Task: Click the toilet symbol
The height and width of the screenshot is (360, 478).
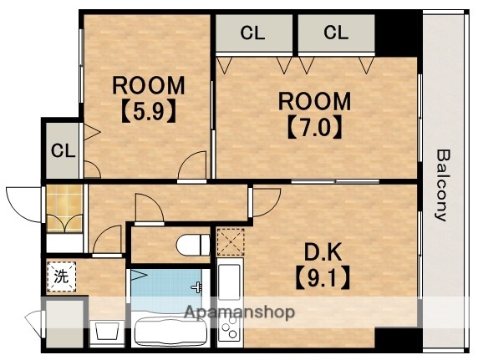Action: click(193, 245)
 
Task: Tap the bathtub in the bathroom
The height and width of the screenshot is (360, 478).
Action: click(170, 331)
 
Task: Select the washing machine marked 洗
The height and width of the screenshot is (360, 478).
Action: click(61, 276)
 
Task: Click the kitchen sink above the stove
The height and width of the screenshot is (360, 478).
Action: click(229, 282)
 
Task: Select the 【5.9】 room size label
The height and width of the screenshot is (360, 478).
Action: click(149, 111)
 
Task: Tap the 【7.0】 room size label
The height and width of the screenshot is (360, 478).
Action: click(314, 127)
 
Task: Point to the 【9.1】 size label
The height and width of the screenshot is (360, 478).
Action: click(323, 278)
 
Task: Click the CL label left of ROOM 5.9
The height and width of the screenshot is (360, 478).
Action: click(64, 150)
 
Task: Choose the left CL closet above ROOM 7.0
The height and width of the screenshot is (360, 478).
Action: click(252, 33)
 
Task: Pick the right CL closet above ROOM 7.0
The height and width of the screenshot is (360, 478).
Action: click(336, 33)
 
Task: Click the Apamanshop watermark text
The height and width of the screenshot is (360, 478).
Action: click(240, 312)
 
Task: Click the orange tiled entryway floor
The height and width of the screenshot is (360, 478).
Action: click(64, 209)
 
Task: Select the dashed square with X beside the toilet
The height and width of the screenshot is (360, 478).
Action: click(231, 242)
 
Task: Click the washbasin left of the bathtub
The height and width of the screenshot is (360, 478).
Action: click(107, 332)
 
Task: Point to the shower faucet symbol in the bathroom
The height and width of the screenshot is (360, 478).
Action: click(197, 286)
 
